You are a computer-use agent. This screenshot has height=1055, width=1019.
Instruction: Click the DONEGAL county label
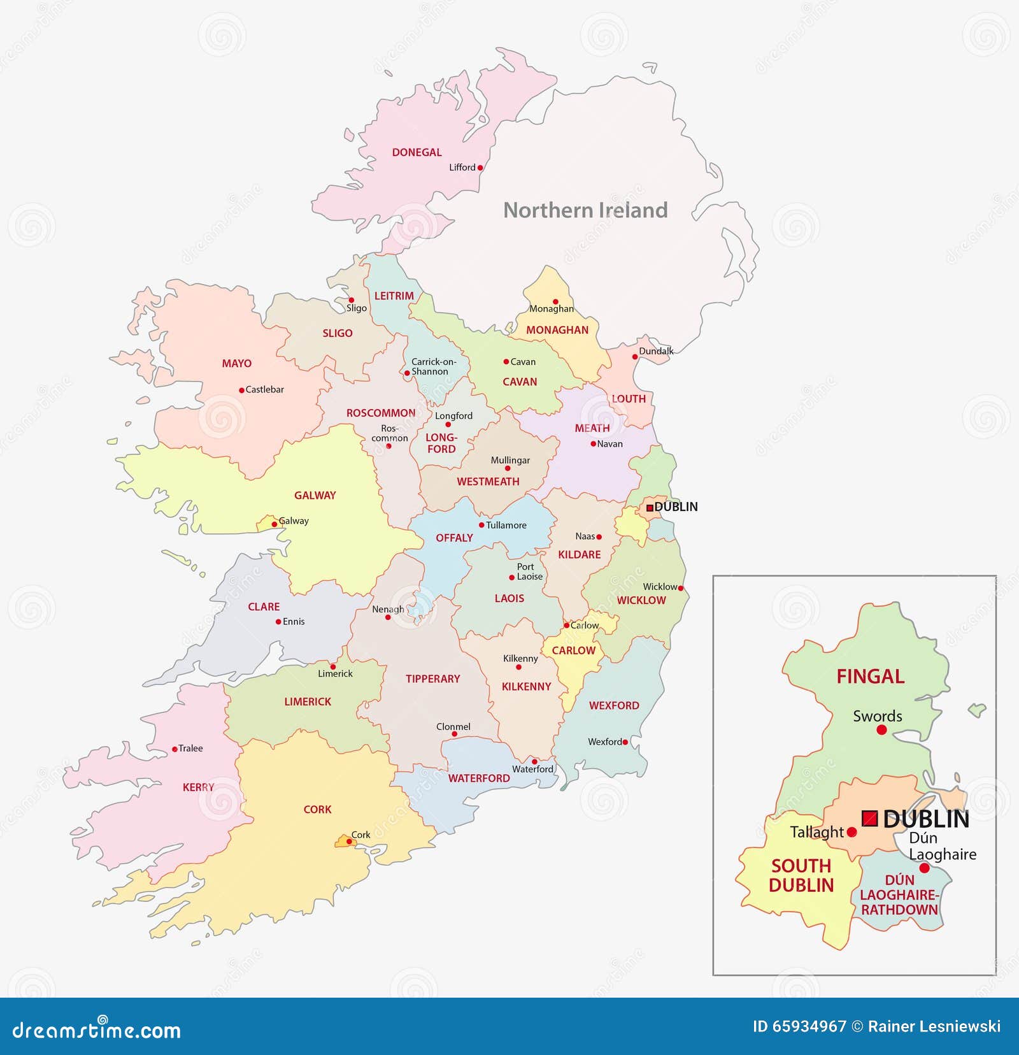[417, 152]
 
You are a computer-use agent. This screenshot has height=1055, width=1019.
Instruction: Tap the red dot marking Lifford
[480, 168]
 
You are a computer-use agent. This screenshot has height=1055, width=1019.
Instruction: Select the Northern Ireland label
[585, 210]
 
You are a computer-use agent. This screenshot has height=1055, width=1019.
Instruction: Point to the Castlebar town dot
[241, 390]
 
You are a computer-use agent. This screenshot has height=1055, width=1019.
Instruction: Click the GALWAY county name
[315, 495]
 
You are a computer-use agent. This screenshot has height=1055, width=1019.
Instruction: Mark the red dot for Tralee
[175, 749]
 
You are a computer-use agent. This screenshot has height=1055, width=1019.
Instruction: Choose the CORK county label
[317, 809]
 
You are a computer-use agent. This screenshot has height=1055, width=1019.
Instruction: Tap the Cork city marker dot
[349, 842]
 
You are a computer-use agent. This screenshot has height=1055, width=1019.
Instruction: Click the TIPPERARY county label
[432, 678]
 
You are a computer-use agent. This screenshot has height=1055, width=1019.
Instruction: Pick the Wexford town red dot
[625, 742]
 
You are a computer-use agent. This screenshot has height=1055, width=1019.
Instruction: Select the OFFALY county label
[454, 538]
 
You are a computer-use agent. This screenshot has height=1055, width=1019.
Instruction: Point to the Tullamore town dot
[481, 525]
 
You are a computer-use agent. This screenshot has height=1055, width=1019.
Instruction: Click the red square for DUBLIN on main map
[650, 508]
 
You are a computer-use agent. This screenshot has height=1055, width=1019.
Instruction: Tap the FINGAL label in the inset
[870, 677]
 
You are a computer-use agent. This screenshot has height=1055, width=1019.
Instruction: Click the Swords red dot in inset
[881, 730]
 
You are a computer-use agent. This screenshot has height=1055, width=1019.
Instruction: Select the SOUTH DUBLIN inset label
[801, 875]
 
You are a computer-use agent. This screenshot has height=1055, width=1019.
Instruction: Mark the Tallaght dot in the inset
[852, 832]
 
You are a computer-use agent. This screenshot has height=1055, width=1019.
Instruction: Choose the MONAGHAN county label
[557, 330]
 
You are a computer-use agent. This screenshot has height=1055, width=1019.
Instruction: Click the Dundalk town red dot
[635, 357]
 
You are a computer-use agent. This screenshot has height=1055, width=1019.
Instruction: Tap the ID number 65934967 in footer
[809, 1026]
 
